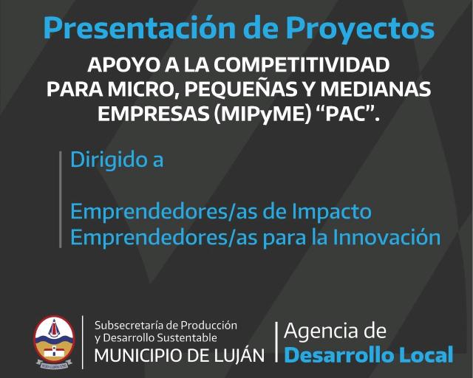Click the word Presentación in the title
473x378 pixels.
click(139, 29)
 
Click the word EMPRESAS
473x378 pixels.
click(154, 114)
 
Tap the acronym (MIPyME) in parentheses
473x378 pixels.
click(262, 114)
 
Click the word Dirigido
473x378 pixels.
click(106, 159)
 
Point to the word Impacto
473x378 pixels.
click(332, 212)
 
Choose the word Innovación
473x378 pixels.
click(387, 237)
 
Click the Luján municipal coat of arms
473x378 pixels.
click(54, 342)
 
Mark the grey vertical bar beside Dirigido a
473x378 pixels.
click(61, 199)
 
